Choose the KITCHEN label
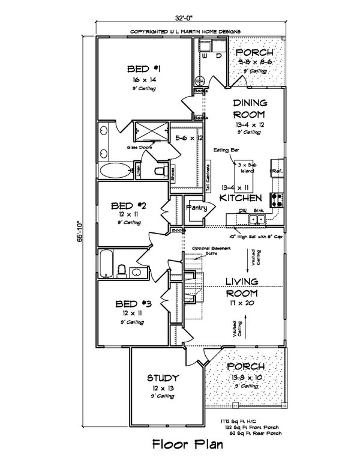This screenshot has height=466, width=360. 240,198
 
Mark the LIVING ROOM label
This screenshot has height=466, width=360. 242,288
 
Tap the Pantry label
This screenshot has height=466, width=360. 196,208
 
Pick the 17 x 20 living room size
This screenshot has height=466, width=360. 242,304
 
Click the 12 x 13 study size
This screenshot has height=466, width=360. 162,389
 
